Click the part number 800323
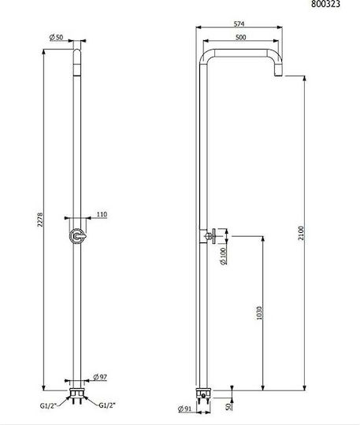pyautogui.click(x=325, y=3)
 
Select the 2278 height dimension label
pyautogui.click(x=40, y=220)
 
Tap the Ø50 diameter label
pyautogui.click(x=57, y=37)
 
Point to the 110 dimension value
pyautogui.click(x=102, y=214)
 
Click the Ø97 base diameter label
pyautogui.click(x=100, y=377)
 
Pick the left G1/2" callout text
pyautogui.click(x=48, y=406)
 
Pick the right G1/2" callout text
pyautogui.click(x=107, y=405)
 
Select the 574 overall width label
pyautogui.click(x=239, y=24)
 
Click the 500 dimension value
pyautogui.click(x=240, y=37)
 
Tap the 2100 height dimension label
pyautogui.click(x=302, y=233)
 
